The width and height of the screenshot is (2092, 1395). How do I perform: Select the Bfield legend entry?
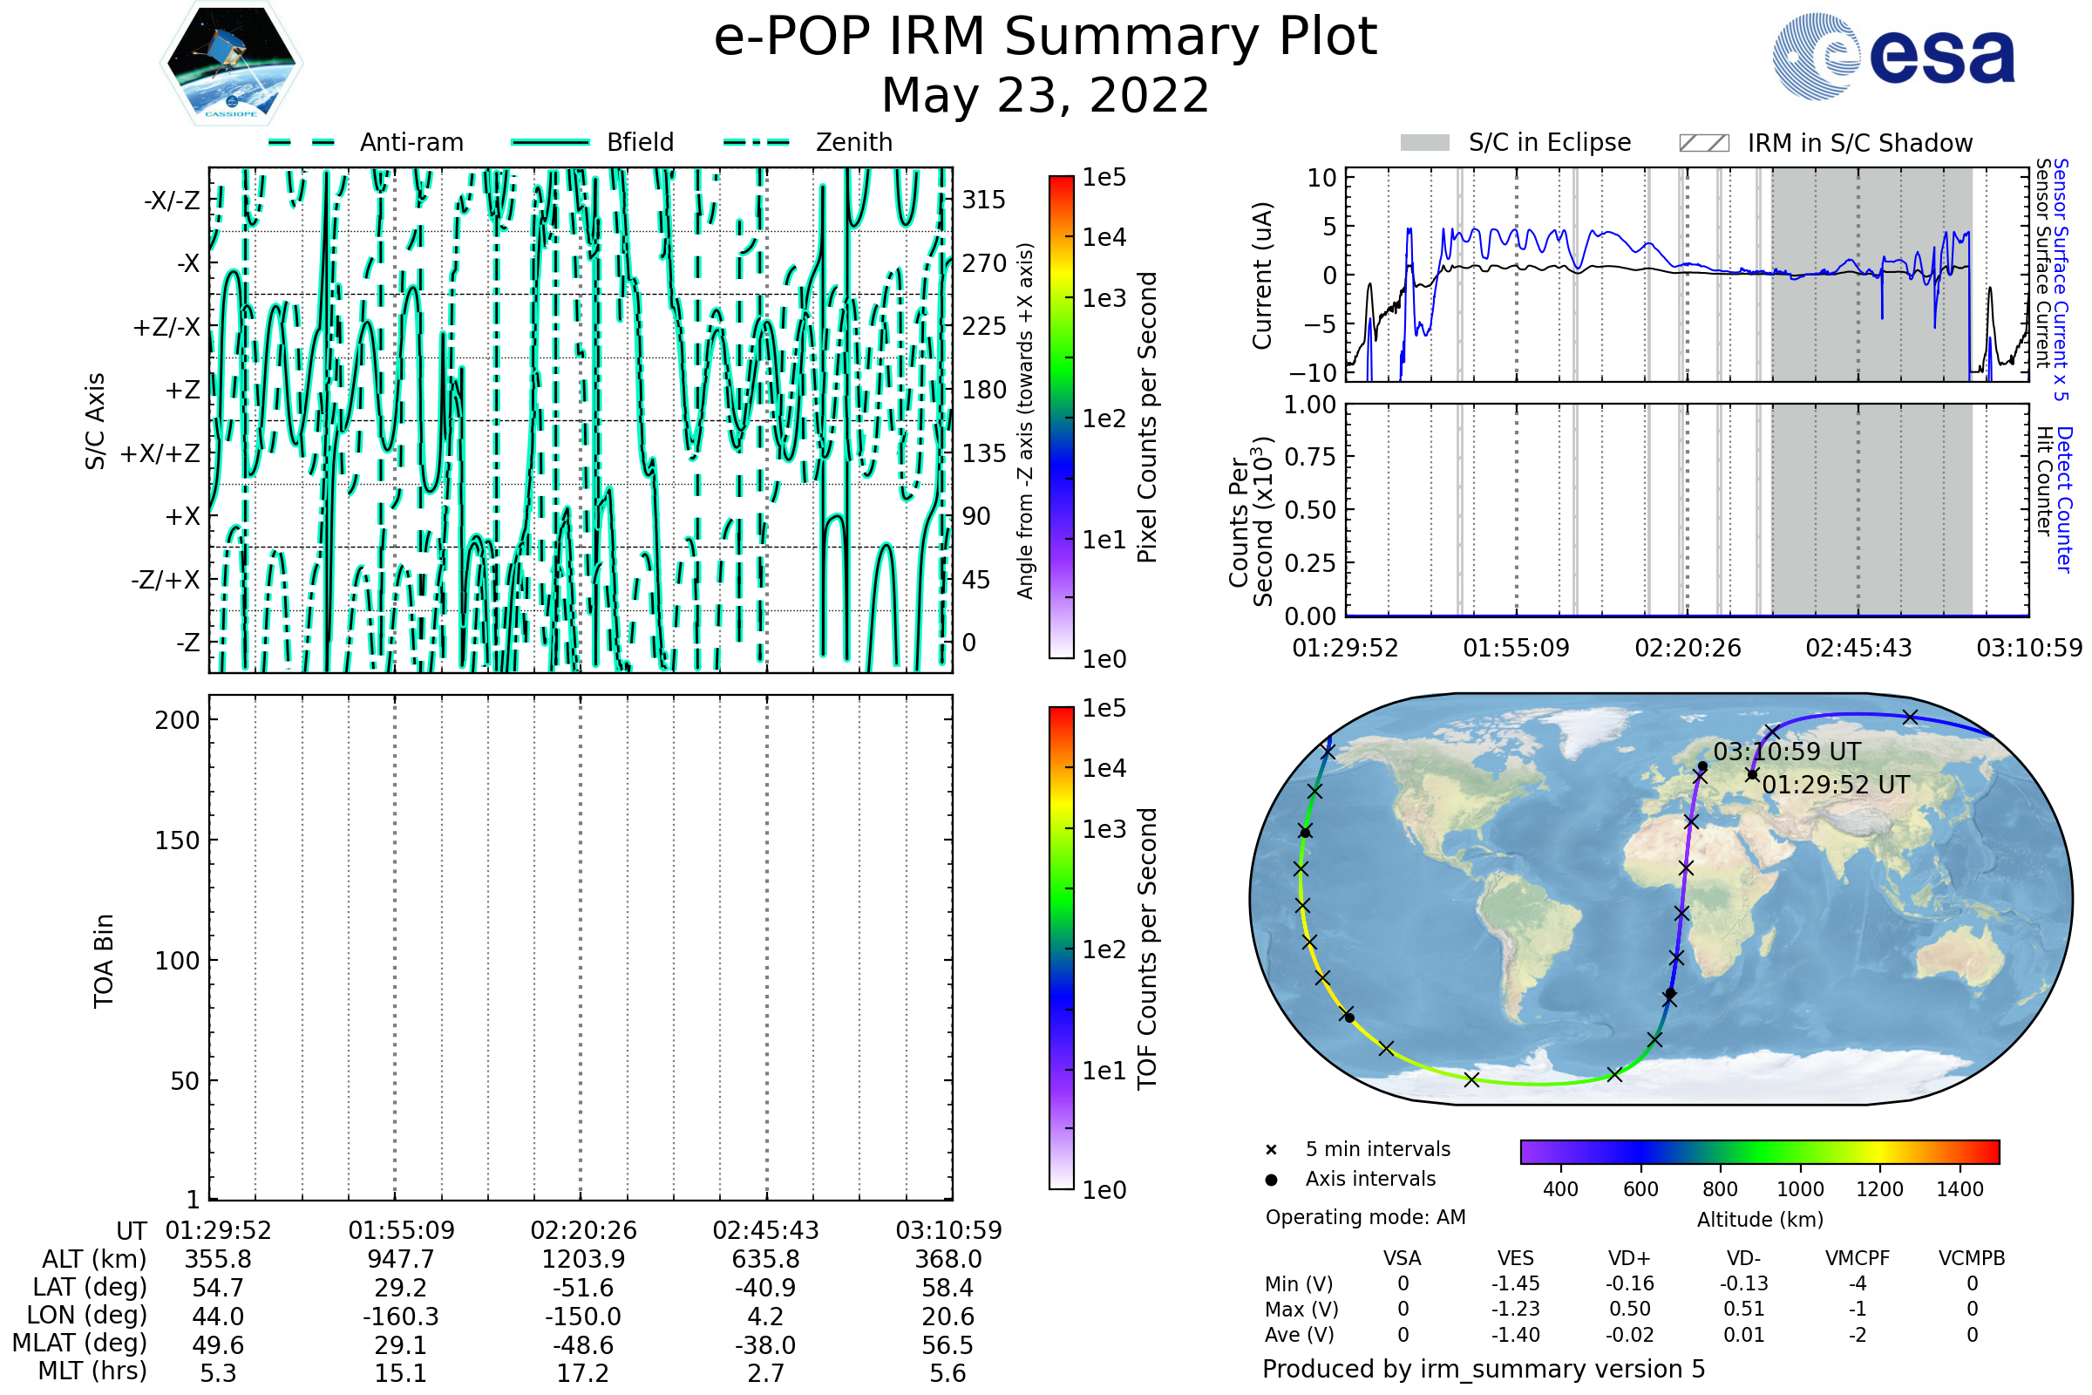point(640,142)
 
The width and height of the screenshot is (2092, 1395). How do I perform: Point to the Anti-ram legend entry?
point(411,142)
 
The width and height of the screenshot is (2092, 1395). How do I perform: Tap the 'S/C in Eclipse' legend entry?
point(1549,142)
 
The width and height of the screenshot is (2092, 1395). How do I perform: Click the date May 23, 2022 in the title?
point(1045,95)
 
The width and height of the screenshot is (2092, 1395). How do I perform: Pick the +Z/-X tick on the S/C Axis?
point(166,328)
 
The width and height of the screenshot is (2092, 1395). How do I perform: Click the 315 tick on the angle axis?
point(983,200)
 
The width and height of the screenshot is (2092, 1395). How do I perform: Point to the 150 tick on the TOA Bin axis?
point(177,840)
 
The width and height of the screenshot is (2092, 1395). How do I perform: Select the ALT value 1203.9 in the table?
point(582,1260)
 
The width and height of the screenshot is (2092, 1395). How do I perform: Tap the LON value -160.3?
point(400,1317)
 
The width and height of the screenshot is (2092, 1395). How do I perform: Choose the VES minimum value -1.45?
point(1515,1283)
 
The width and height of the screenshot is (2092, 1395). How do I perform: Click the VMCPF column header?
point(1858,1258)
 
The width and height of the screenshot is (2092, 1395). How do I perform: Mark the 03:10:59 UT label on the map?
point(1786,752)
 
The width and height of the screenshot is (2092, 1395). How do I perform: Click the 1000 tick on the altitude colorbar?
point(1799,1189)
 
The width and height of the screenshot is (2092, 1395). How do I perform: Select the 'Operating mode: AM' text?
point(1365,1217)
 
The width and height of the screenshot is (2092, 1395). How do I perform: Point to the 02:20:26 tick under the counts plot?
point(1688,648)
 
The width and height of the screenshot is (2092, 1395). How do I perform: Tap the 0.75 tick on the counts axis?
point(1310,456)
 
